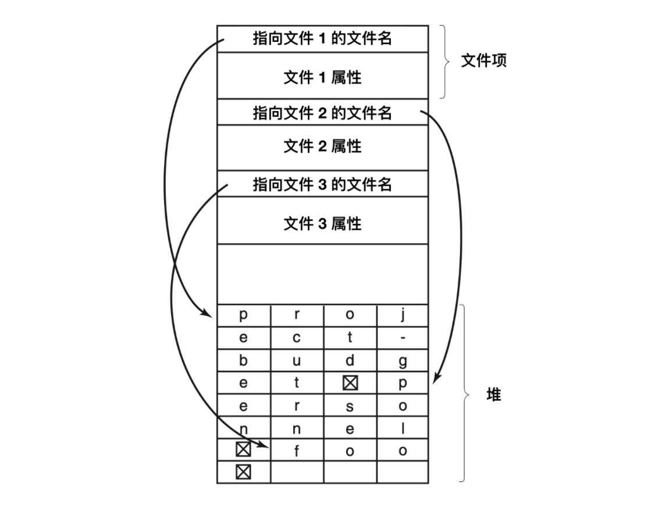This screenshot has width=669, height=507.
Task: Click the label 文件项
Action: click(x=483, y=61)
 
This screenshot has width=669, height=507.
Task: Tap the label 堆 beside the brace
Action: click(x=493, y=395)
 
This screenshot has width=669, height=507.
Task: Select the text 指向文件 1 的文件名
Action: click(x=322, y=38)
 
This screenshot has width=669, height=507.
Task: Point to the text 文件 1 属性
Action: click(x=322, y=77)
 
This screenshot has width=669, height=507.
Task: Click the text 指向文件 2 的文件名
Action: click(x=322, y=112)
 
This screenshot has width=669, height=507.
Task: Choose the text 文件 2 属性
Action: click(x=322, y=147)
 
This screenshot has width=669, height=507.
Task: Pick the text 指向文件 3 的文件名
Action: click(x=322, y=185)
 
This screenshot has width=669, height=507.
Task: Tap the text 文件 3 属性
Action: click(x=322, y=223)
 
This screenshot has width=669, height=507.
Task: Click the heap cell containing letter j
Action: click(x=403, y=316)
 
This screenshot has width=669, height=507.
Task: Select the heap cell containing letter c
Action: click(x=297, y=338)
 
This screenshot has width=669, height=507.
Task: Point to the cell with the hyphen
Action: click(x=403, y=338)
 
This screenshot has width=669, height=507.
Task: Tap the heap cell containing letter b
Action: click(x=243, y=360)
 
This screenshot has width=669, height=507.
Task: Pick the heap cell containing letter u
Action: click(x=297, y=360)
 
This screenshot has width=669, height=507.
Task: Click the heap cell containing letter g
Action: click(x=403, y=360)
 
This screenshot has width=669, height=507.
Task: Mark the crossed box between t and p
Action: click(x=350, y=383)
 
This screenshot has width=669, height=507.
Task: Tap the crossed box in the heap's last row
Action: click(x=243, y=472)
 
